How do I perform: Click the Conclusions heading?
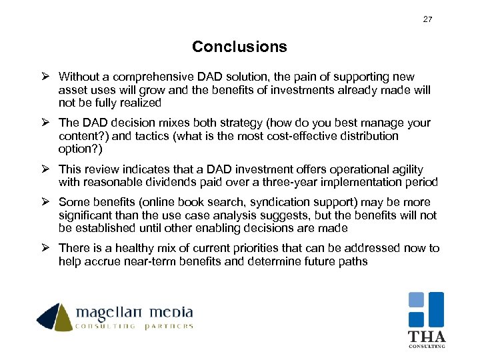pyautogui.click(x=239, y=47)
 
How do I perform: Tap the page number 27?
pyautogui.click(x=427, y=19)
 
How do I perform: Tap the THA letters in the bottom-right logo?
pyautogui.click(x=427, y=336)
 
